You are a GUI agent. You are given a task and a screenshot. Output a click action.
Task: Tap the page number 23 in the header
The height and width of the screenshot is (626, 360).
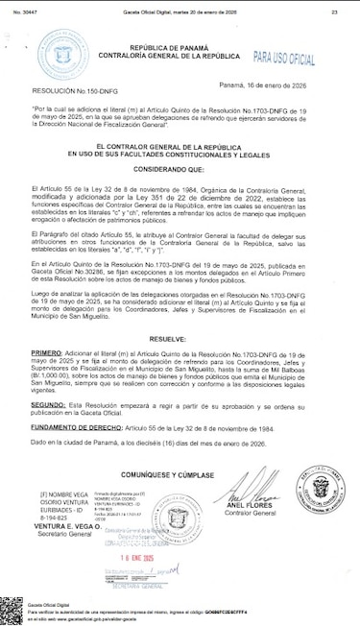pyautogui.click(x=334, y=12)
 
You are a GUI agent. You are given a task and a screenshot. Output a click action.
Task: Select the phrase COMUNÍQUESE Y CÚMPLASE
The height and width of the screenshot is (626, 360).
pyautogui.click(x=180, y=474)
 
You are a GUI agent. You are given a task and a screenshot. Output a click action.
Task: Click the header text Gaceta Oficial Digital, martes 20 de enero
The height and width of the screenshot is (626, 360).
pyautogui.click(x=179, y=12)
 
